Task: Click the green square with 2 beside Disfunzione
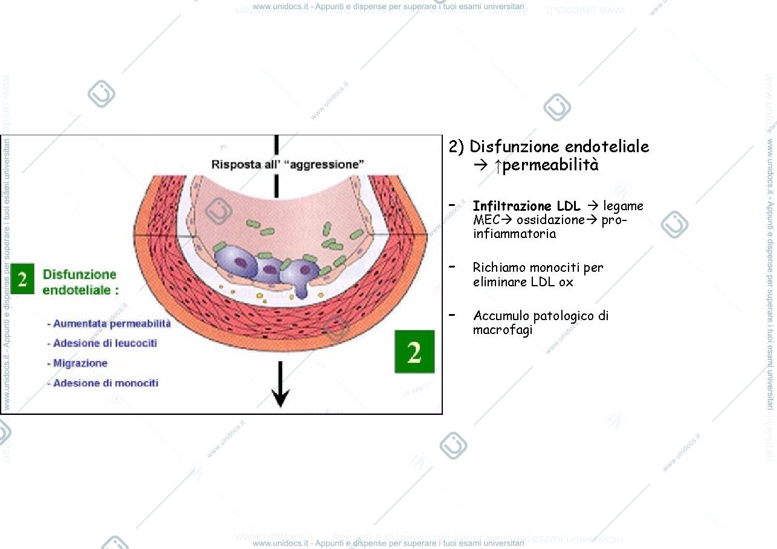coord(22,279)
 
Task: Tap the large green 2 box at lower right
coord(414,352)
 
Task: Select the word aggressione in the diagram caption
coord(327,164)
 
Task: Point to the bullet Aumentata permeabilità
coord(109,324)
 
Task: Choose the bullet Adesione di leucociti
coord(102,343)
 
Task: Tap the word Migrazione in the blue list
coord(80,363)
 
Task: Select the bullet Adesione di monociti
coord(103,383)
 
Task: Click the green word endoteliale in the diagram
coord(76,290)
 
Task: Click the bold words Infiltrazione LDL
coord(526,206)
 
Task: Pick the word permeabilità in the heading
coord(550,165)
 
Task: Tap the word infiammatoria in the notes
coord(514,233)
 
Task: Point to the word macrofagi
coord(503,330)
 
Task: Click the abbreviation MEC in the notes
coord(486,220)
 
